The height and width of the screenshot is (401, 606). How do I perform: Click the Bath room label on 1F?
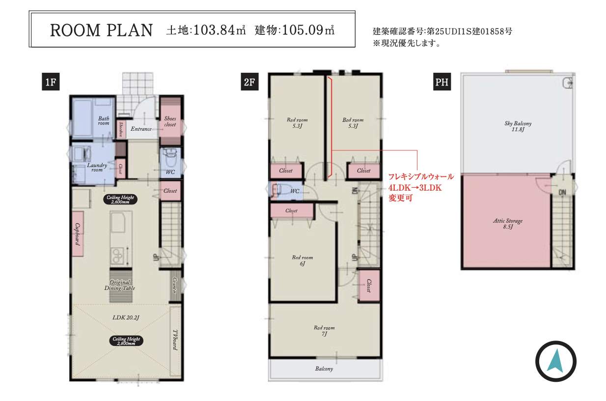pyautogui.click(x=104, y=120)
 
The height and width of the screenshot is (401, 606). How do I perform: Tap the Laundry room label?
pyautogui.click(x=97, y=168)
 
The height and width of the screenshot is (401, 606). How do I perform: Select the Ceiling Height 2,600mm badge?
pyautogui.click(x=121, y=199)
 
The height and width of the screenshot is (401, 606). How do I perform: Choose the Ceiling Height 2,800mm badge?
pyautogui.click(x=126, y=341)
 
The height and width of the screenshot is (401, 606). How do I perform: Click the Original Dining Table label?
pyautogui.click(x=119, y=285)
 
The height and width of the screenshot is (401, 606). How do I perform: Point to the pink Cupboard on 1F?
pyautogui.click(x=78, y=234)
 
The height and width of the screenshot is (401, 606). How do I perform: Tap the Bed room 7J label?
pyautogui.click(x=324, y=331)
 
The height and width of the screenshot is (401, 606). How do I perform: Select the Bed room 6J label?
pyautogui.click(x=302, y=260)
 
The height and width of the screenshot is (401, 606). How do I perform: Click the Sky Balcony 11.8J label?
pyautogui.click(x=518, y=126)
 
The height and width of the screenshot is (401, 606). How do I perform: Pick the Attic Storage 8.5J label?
pyautogui.click(x=507, y=224)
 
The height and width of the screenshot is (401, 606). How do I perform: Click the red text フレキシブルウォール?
pyautogui.click(x=421, y=176)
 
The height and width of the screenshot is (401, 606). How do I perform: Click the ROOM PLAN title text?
pyautogui.click(x=102, y=30)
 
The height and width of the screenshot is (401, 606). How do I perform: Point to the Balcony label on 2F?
pyautogui.click(x=324, y=369)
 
